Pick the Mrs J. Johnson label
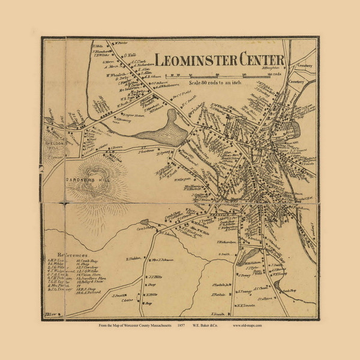[162, 259]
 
